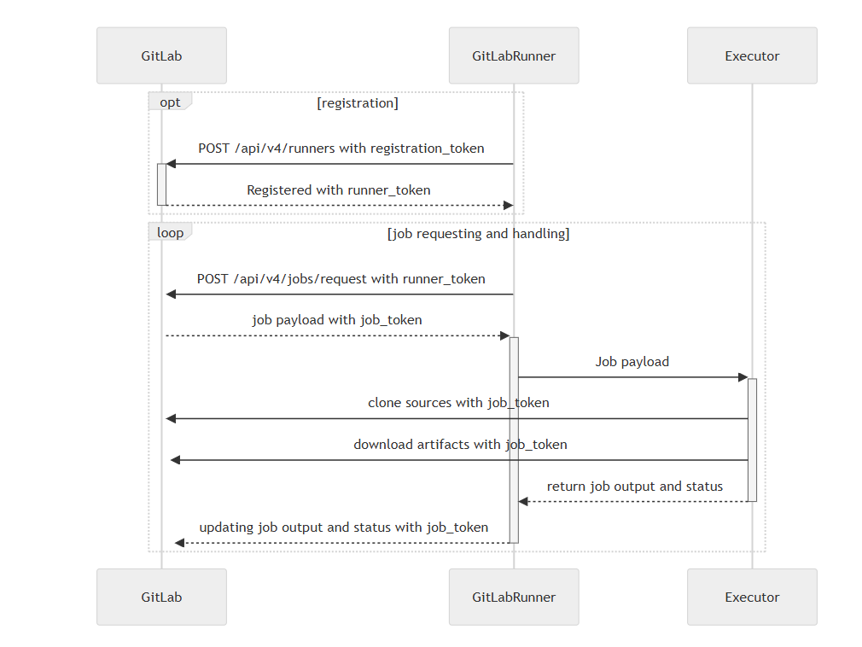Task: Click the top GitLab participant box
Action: [x=161, y=55]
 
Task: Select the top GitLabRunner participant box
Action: [x=514, y=55]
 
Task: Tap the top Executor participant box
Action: [x=752, y=55]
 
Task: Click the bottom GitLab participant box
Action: [x=161, y=597]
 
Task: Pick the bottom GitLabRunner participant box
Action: [x=514, y=597]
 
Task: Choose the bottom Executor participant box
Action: [x=752, y=597]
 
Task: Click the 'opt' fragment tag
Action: [x=170, y=102]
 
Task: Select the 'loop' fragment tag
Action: [x=170, y=233]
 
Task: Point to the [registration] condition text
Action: [x=358, y=103]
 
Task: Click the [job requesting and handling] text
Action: [x=478, y=233]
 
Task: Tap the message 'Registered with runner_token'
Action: [x=339, y=190]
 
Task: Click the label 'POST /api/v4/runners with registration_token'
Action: [x=341, y=149]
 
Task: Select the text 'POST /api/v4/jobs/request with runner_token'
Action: [x=341, y=279]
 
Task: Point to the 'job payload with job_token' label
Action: [x=337, y=320]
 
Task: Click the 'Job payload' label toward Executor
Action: [x=632, y=362]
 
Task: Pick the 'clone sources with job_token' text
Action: [x=458, y=403]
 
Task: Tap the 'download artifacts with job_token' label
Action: [x=460, y=445]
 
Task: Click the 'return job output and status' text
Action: [x=635, y=487]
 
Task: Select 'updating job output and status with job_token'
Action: [x=344, y=528]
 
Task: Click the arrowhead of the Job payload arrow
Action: [x=743, y=377]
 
